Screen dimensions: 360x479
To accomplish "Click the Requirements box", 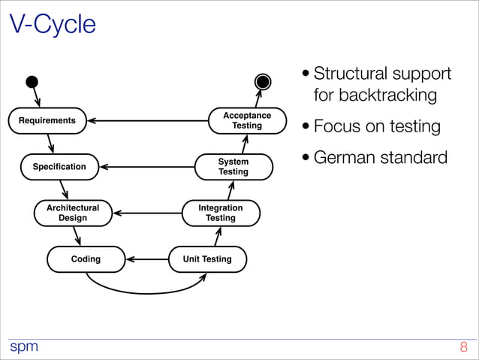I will [47, 120].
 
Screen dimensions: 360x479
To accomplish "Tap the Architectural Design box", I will [72, 213].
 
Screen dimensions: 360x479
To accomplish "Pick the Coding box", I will [86, 259].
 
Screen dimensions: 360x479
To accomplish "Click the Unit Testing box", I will [207, 259].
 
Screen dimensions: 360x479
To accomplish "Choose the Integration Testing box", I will [221, 213].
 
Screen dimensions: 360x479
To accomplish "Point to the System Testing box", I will [233, 167].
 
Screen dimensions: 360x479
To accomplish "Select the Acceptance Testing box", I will [247, 120].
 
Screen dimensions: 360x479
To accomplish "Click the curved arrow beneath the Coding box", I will [143, 293].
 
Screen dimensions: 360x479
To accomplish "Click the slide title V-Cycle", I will [53, 25].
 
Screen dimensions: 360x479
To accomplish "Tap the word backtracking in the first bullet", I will [375, 95].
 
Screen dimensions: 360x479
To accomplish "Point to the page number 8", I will [463, 348].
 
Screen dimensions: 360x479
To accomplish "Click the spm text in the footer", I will [23, 348].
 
